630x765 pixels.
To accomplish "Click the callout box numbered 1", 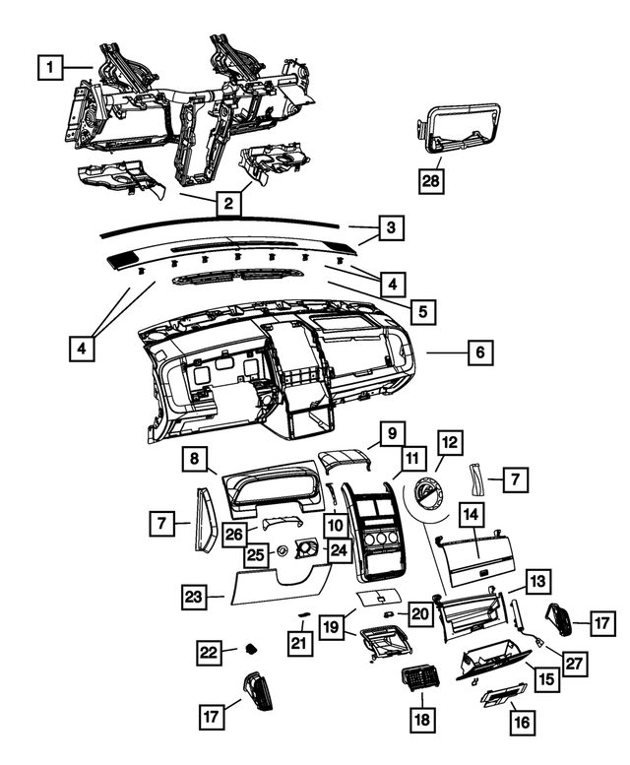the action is pyautogui.click(x=50, y=67).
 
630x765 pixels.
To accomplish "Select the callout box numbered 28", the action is pyautogui.click(x=431, y=181).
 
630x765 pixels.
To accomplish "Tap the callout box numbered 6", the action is pyautogui.click(x=480, y=351).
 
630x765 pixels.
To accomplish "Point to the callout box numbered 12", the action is pyautogui.click(x=450, y=442).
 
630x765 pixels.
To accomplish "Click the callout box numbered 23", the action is pyautogui.click(x=194, y=597).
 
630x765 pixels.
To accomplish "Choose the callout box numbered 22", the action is pyautogui.click(x=210, y=653).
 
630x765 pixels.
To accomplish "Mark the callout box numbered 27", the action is pyautogui.click(x=575, y=664).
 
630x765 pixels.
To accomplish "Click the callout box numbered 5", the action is pyautogui.click(x=422, y=311).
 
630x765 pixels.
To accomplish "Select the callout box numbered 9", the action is pyautogui.click(x=393, y=433).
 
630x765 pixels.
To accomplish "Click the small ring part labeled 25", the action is pyautogui.click(x=282, y=550).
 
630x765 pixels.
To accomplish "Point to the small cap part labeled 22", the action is pyautogui.click(x=251, y=649).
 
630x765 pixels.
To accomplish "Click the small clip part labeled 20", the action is pyautogui.click(x=389, y=613).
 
